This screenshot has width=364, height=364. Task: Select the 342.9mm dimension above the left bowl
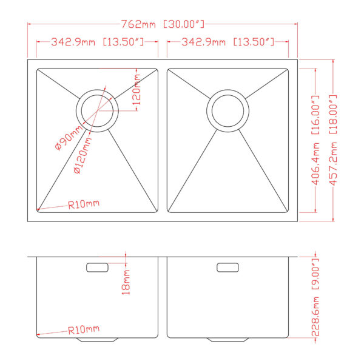(x=97, y=42)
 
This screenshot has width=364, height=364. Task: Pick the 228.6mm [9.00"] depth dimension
(x=314, y=298)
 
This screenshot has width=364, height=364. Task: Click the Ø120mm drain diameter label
(x=84, y=156)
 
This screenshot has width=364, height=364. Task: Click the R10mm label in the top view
(x=84, y=204)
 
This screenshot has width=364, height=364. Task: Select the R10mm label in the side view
(x=84, y=330)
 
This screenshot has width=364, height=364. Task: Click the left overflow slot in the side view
(x=97, y=267)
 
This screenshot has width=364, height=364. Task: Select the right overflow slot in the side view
(x=227, y=267)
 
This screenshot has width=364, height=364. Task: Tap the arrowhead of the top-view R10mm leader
(x=39, y=210)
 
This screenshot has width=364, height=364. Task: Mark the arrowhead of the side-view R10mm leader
(x=38, y=335)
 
